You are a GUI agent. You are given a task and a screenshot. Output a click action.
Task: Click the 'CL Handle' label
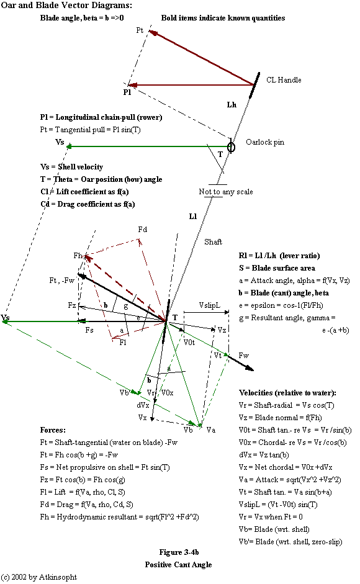pos(284,80)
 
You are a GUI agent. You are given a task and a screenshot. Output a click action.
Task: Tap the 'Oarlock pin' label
pos(265,142)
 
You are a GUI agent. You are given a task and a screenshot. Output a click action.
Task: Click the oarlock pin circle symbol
pos(231,146)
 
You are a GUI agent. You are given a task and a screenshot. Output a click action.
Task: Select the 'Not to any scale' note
pos(225,191)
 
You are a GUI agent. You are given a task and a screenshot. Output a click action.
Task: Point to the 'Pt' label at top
pos(140,30)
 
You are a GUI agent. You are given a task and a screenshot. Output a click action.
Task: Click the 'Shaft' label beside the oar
pos(214,243)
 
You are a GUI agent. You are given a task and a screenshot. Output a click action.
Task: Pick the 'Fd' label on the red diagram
pos(142,230)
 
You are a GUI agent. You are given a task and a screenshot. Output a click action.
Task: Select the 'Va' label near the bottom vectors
pos(211,430)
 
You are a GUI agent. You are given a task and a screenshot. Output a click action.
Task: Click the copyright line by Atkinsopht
pos(40,577)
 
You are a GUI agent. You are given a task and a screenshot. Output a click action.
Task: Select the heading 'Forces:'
pos(53,429)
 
